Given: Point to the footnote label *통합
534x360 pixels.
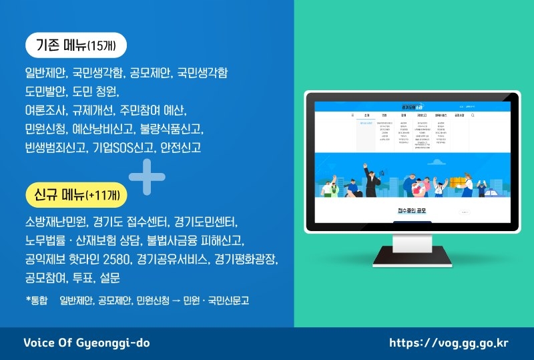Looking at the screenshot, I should click(37, 301).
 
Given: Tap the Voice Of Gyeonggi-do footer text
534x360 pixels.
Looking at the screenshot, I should click(87, 343).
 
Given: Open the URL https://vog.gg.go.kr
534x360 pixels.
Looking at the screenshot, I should click(449, 343).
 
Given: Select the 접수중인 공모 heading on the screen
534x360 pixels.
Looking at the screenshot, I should click(412, 211).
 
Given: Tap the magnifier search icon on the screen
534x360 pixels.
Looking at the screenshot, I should click(473, 115).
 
